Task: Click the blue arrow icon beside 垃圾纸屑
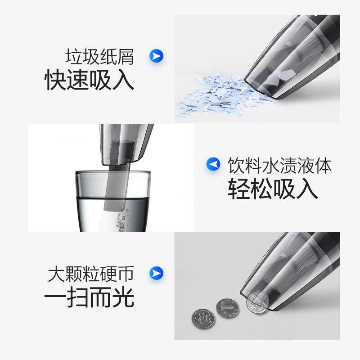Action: [x=156, y=56]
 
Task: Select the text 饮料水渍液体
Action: [x=279, y=165]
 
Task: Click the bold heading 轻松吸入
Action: [x=273, y=189]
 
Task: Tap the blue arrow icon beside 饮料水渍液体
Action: [x=213, y=164]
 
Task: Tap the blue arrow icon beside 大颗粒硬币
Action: [x=156, y=273]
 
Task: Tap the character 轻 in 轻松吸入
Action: [x=238, y=189]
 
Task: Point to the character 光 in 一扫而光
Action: [x=123, y=297]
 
